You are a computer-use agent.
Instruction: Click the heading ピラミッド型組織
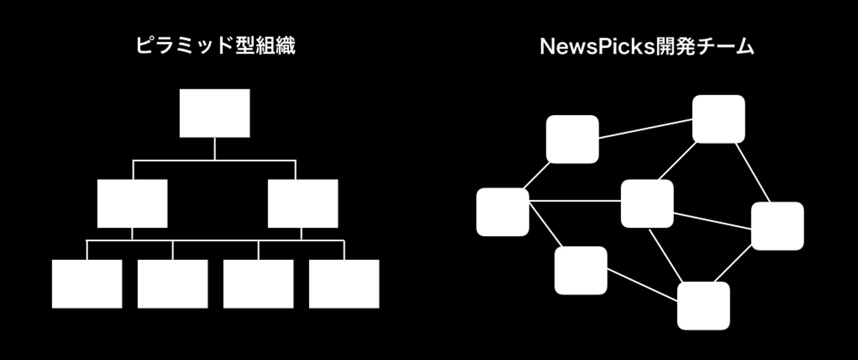pyautogui.click(x=215, y=46)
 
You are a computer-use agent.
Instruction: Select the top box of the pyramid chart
pyautogui.click(x=214, y=113)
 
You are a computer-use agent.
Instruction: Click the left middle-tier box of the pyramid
pyautogui.click(x=132, y=203)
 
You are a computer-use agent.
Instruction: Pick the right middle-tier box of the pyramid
pyautogui.click(x=303, y=203)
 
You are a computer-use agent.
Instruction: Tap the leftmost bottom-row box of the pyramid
pyautogui.click(x=87, y=284)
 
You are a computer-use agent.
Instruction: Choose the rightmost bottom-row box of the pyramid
pyautogui.click(x=344, y=284)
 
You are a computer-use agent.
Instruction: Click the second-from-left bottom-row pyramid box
pyautogui.click(x=173, y=284)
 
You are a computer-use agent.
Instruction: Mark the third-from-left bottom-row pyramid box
pyautogui.click(x=259, y=284)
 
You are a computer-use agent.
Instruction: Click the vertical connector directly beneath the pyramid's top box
pyautogui.click(x=214, y=148)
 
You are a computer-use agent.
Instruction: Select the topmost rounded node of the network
pyautogui.click(x=719, y=119)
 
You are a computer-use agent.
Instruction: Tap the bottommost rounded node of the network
pyautogui.click(x=704, y=306)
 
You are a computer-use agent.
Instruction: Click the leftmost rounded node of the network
pyautogui.click(x=503, y=212)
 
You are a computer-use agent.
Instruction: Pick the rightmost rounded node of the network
pyautogui.click(x=777, y=226)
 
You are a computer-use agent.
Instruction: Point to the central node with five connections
pyautogui.click(x=647, y=203)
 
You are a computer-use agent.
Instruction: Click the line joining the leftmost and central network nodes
pyautogui.click(x=575, y=200)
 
